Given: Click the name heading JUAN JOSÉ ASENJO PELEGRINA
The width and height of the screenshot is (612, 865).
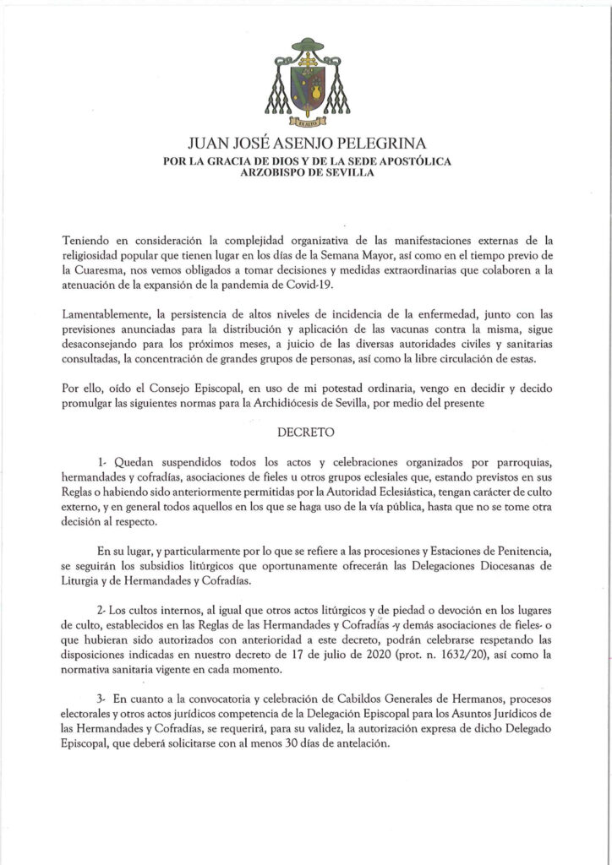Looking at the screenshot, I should pyautogui.click(x=306, y=145).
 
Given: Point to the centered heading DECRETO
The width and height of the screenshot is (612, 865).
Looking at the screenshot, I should pyautogui.click(x=305, y=431).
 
